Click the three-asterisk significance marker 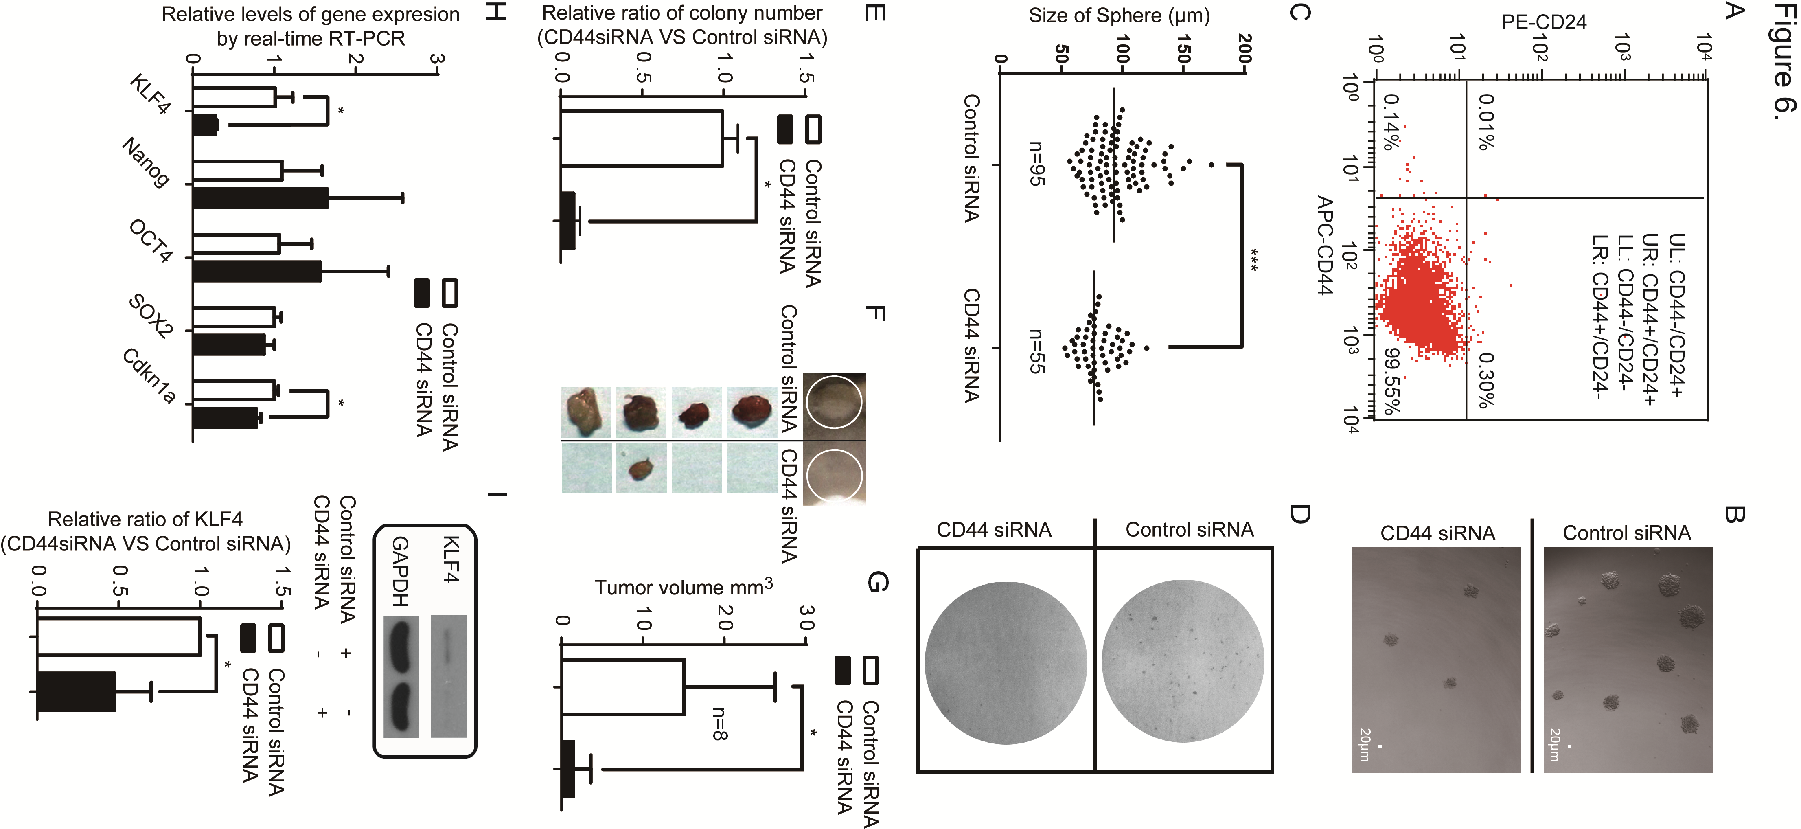1253,260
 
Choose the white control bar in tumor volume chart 622,686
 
